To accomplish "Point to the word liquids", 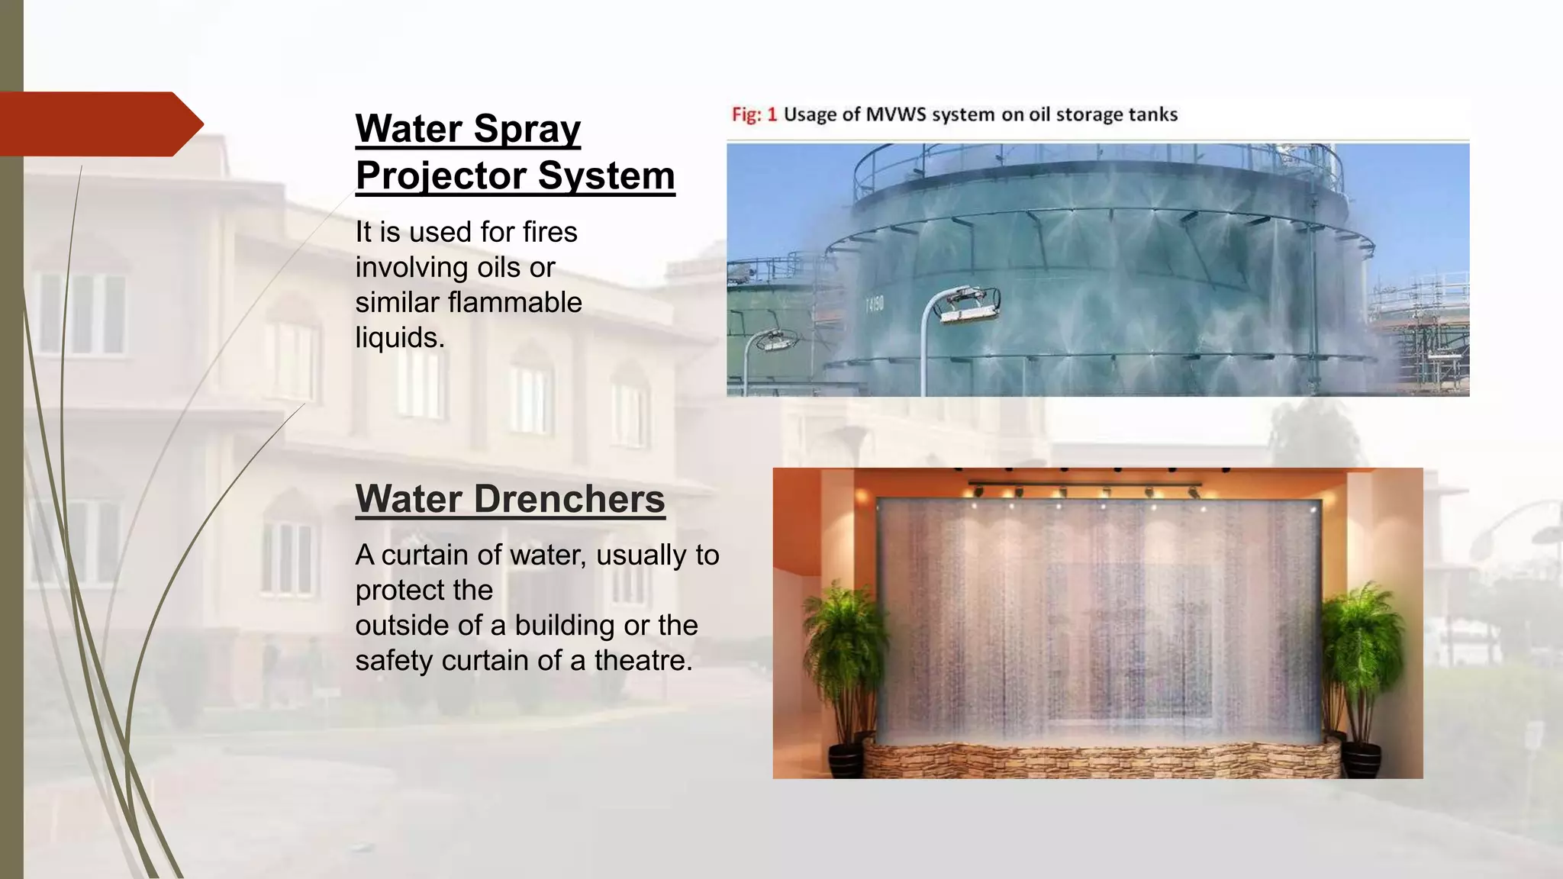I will [x=398, y=338].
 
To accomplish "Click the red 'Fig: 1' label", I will [x=753, y=114].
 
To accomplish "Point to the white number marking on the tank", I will [x=874, y=304].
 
